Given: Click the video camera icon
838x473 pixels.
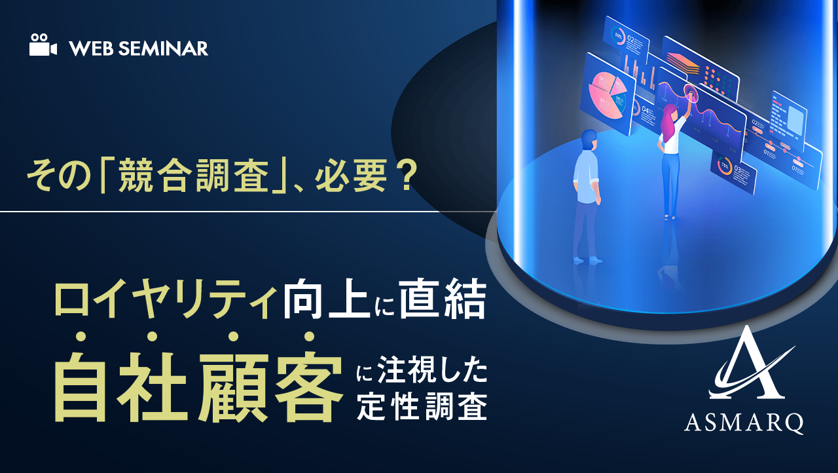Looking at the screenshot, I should [x=43, y=47].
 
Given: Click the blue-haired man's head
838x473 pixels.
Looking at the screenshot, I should [x=589, y=140].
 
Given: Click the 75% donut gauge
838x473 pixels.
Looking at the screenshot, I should [x=725, y=166].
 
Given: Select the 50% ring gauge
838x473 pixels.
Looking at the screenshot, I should [x=619, y=36].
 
